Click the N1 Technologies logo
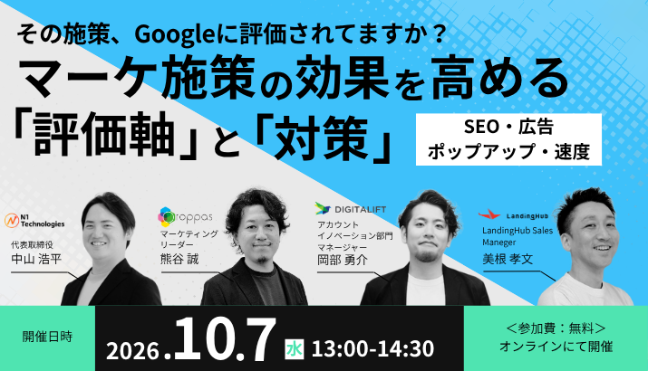point(34,221)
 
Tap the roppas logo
point(185,217)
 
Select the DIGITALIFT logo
point(351,209)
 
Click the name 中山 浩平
point(36,259)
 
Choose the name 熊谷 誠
point(179,259)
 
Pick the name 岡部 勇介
point(343,260)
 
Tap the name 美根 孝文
point(508,259)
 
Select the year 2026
point(132,351)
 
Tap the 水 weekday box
point(295,349)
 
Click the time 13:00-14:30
point(372,349)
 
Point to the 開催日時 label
point(47,337)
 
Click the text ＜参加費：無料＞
point(556,328)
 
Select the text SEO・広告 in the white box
point(508,127)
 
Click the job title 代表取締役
point(33,245)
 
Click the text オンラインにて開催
point(556,347)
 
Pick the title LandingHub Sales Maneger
point(517,236)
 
